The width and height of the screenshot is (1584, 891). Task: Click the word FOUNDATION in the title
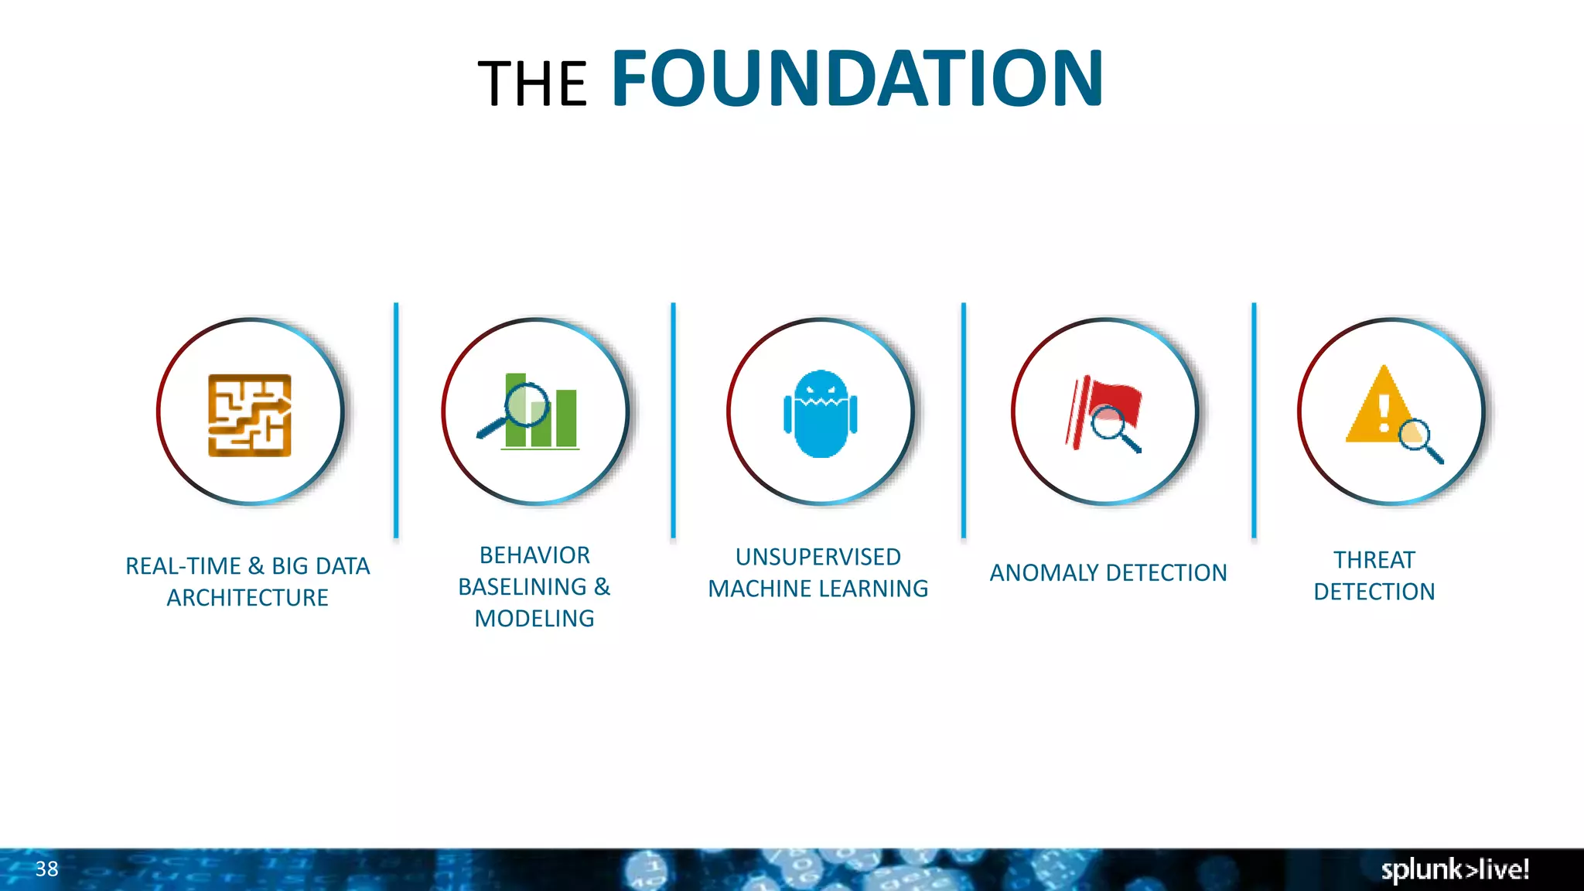[x=857, y=79]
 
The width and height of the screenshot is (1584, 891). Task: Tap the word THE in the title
[x=533, y=84]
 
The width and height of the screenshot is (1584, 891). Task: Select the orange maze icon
[x=250, y=415]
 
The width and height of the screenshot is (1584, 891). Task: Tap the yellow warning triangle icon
[x=1381, y=406]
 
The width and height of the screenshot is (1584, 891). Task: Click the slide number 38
[x=46, y=869]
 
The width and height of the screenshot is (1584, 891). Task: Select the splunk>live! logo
[x=1454, y=869]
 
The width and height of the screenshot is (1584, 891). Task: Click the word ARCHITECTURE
[x=247, y=598]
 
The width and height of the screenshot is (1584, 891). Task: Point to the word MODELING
[x=534, y=619]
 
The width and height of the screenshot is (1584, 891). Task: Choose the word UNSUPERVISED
[x=818, y=557]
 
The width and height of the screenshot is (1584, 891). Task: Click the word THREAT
[x=1374, y=560]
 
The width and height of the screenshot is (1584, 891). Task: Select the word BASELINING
[x=523, y=587]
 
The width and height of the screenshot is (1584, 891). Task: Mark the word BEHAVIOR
[x=534, y=555]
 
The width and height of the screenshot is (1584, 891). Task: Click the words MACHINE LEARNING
[x=818, y=589]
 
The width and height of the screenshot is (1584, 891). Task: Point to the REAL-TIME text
[x=183, y=566]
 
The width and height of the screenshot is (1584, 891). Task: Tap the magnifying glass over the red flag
[x=1111, y=425]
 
